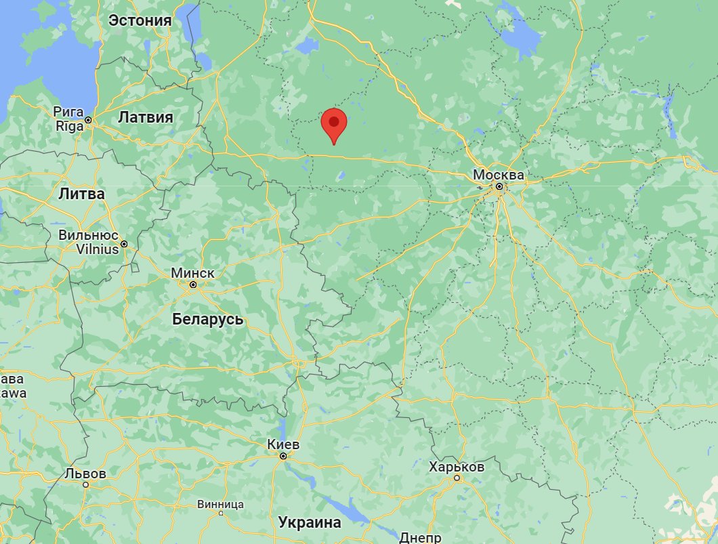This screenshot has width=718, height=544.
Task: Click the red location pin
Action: pyautogui.click(x=333, y=124)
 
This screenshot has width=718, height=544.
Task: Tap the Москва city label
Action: pyautogui.click(x=499, y=175)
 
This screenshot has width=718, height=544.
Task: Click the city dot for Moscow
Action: pyautogui.click(x=499, y=186)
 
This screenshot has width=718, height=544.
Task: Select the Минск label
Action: pyautogui.click(x=192, y=272)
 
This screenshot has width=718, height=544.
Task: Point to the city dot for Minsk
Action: pyautogui.click(x=193, y=285)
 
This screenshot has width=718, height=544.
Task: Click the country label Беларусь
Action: pyautogui.click(x=207, y=319)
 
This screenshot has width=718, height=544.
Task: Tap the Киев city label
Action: pyautogui.click(x=283, y=444)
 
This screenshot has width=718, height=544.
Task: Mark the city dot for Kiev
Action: pyautogui.click(x=283, y=456)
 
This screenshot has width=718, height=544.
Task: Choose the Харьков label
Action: pyautogui.click(x=457, y=467)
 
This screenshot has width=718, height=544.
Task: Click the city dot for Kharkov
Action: pyautogui.click(x=457, y=478)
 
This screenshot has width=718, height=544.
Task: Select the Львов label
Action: pyautogui.click(x=86, y=474)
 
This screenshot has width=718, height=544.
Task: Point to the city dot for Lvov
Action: pyautogui.click(x=86, y=484)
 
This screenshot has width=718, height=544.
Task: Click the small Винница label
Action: pyautogui.click(x=220, y=505)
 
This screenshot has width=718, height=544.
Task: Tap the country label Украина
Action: pyautogui.click(x=309, y=523)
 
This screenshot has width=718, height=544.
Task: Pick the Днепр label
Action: pyautogui.click(x=421, y=537)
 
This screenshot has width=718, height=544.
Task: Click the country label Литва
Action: pyautogui.click(x=81, y=194)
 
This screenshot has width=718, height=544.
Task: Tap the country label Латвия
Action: pyautogui.click(x=146, y=117)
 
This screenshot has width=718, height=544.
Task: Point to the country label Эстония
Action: pyautogui.click(x=140, y=20)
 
